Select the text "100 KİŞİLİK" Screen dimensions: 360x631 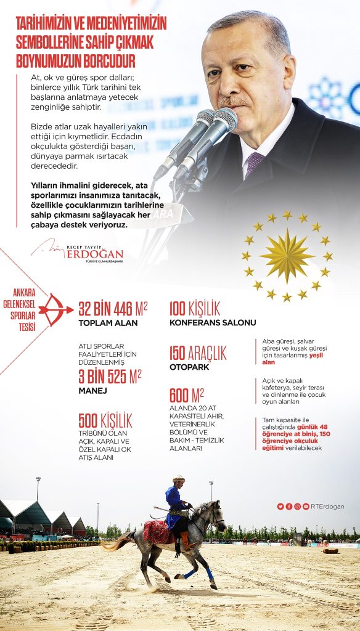point(194,309)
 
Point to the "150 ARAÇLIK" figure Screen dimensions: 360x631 point(197,353)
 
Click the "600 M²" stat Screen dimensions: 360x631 point(187,395)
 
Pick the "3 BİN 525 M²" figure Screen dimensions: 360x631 point(110,375)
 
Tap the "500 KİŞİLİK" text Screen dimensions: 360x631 point(105,421)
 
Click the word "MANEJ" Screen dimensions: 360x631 point(93,390)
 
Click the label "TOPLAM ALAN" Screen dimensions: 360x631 point(107,322)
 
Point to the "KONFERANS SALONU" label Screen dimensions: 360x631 point(212,322)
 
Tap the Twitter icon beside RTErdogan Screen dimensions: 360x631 point(280,507)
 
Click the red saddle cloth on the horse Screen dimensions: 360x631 point(158,531)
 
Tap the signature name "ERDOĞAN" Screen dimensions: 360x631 point(95,254)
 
